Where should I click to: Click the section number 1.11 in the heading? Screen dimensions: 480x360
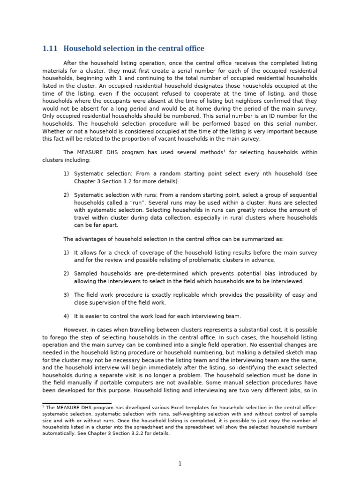49,49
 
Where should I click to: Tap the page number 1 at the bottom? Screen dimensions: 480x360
180,464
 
